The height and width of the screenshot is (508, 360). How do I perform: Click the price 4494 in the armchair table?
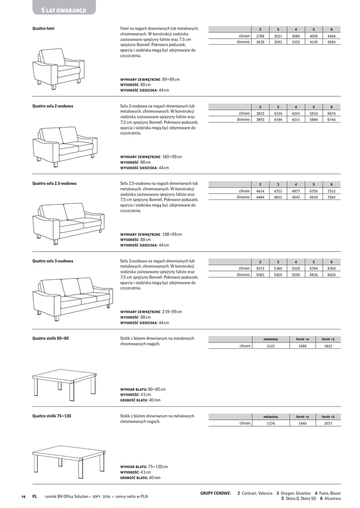pyautogui.click(x=331, y=36)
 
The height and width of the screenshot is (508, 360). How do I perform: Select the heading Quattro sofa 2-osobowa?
pyautogui.click(x=53, y=106)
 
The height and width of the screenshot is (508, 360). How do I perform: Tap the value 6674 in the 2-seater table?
pyautogui.click(x=331, y=114)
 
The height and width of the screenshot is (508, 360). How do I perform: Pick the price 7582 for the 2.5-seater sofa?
pyautogui.click(x=331, y=197)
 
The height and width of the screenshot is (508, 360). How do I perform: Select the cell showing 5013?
pyautogui.click(x=260, y=268)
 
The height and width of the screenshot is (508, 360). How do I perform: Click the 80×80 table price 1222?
pyautogui.click(x=271, y=346)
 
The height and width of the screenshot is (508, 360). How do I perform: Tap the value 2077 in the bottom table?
pyautogui.click(x=328, y=423)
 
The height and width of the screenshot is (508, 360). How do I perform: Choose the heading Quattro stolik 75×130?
pyautogui.click(x=52, y=416)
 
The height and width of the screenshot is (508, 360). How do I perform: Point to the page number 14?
pyautogui.click(x=23, y=496)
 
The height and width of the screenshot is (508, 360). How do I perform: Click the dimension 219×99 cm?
pyautogui.click(x=172, y=312)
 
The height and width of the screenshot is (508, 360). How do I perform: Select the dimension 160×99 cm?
pyautogui.click(x=172, y=157)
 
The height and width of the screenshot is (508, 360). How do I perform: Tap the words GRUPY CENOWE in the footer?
pyautogui.click(x=216, y=493)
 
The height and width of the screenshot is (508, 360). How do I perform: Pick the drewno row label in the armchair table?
pyautogui.click(x=243, y=43)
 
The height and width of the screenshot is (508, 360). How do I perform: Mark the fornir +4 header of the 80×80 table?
pyautogui.click(x=302, y=339)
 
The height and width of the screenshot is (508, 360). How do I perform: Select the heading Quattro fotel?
pyautogui.click(x=43, y=29)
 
